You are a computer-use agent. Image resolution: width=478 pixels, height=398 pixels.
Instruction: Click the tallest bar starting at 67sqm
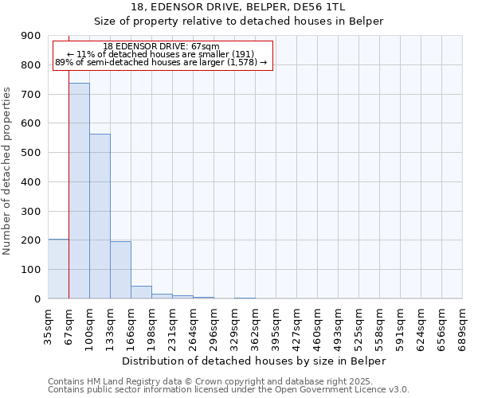79,191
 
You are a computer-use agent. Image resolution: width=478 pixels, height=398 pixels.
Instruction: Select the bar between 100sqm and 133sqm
100,217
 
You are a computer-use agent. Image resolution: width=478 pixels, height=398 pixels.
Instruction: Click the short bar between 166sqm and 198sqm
141,292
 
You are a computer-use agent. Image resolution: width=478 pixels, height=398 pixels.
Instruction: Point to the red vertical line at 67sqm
69,183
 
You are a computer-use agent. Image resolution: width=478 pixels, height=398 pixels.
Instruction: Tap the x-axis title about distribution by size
254,361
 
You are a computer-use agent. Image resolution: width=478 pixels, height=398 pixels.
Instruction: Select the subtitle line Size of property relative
238,21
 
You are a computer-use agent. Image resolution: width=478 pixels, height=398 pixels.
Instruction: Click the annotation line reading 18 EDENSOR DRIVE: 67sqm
162,46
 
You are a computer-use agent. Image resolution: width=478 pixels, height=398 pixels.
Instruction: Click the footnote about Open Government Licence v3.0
229,390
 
